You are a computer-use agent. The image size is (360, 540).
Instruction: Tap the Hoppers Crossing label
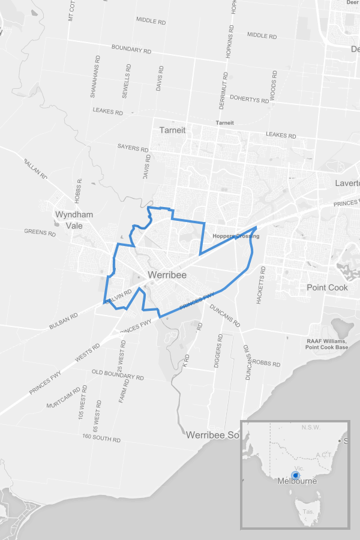coord(236,236)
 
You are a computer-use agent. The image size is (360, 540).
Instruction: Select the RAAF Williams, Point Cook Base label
coord(326,344)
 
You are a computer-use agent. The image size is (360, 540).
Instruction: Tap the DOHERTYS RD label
coord(249,99)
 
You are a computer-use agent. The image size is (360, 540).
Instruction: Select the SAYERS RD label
coord(133,148)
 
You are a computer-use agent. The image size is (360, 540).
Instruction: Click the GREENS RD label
coord(40,231)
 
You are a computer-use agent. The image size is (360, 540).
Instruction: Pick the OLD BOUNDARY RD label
coord(118,376)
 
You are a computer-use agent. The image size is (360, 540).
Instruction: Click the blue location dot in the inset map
coord(295,475)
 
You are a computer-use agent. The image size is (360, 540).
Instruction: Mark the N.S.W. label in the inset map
coord(311,428)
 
